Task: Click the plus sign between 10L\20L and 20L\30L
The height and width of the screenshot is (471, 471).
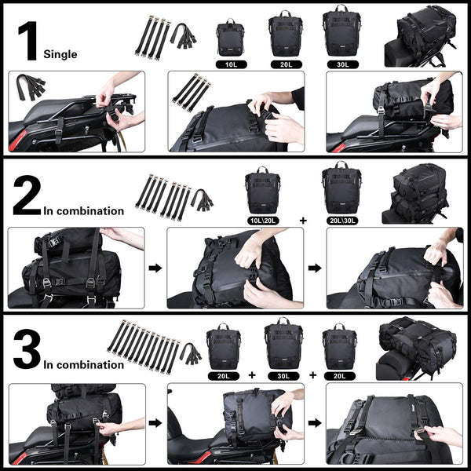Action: pyautogui.click(x=303, y=220)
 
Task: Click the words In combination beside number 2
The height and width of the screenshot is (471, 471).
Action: pyautogui.click(x=85, y=210)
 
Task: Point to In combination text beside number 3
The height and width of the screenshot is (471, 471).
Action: pyautogui.click(x=85, y=365)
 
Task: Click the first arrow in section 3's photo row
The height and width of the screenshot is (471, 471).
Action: pyautogui.click(x=156, y=423)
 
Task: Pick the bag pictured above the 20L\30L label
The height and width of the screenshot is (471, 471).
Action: pyautogui.click(x=341, y=188)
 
